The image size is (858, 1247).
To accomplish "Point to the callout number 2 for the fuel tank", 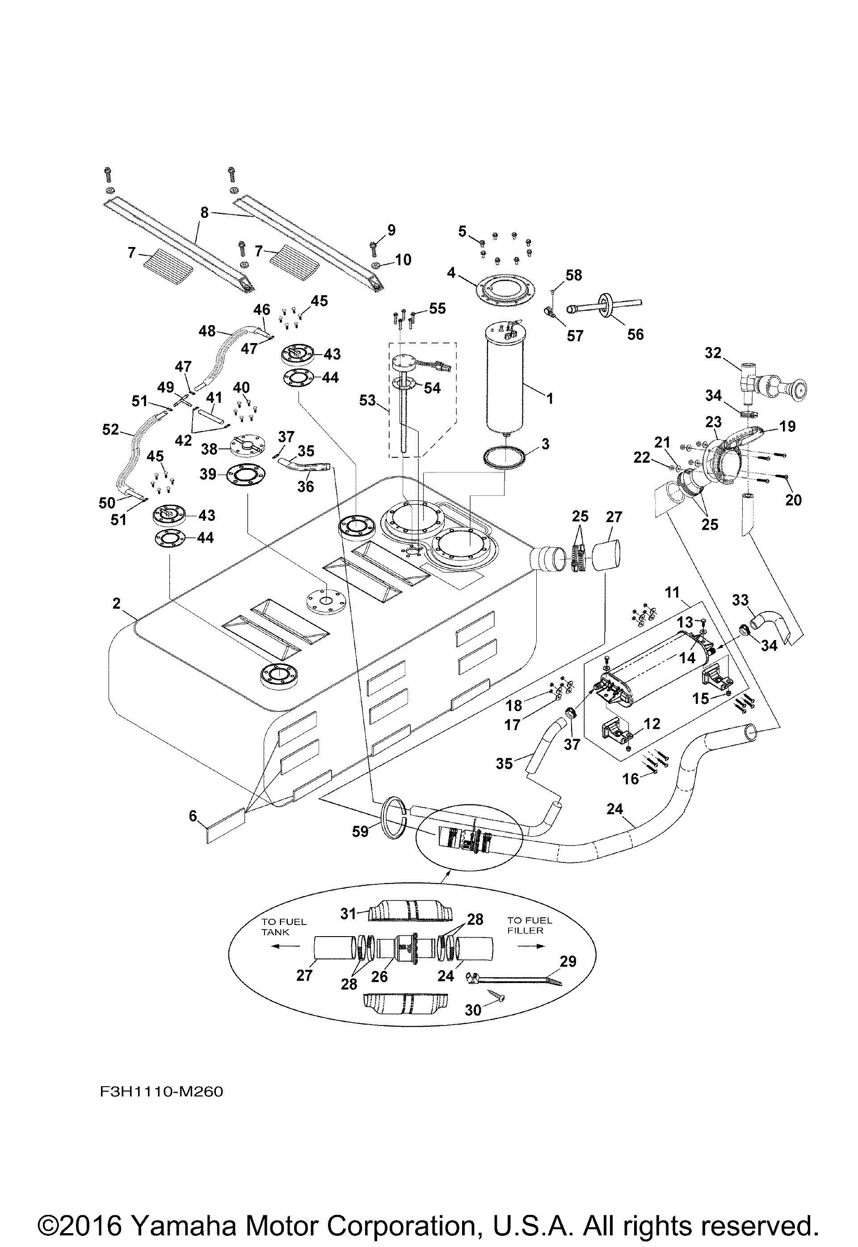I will point(117,603).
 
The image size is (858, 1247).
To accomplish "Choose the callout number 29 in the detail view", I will point(568,961).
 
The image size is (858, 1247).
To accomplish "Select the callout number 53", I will point(367,400).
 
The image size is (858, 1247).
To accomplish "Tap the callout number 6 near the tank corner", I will point(193,816).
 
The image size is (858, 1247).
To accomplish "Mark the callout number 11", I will point(673,593).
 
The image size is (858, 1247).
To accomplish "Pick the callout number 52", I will point(111,429).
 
